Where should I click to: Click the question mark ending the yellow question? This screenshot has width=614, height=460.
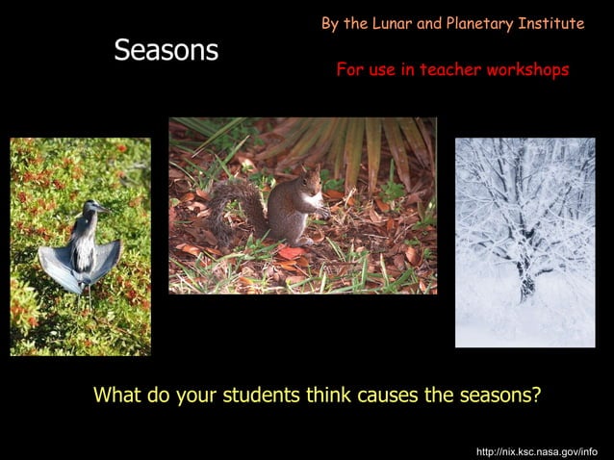pos(536,396)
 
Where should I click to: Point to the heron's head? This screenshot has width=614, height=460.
pos(93,207)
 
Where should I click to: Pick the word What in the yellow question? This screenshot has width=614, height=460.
pos(116,396)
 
